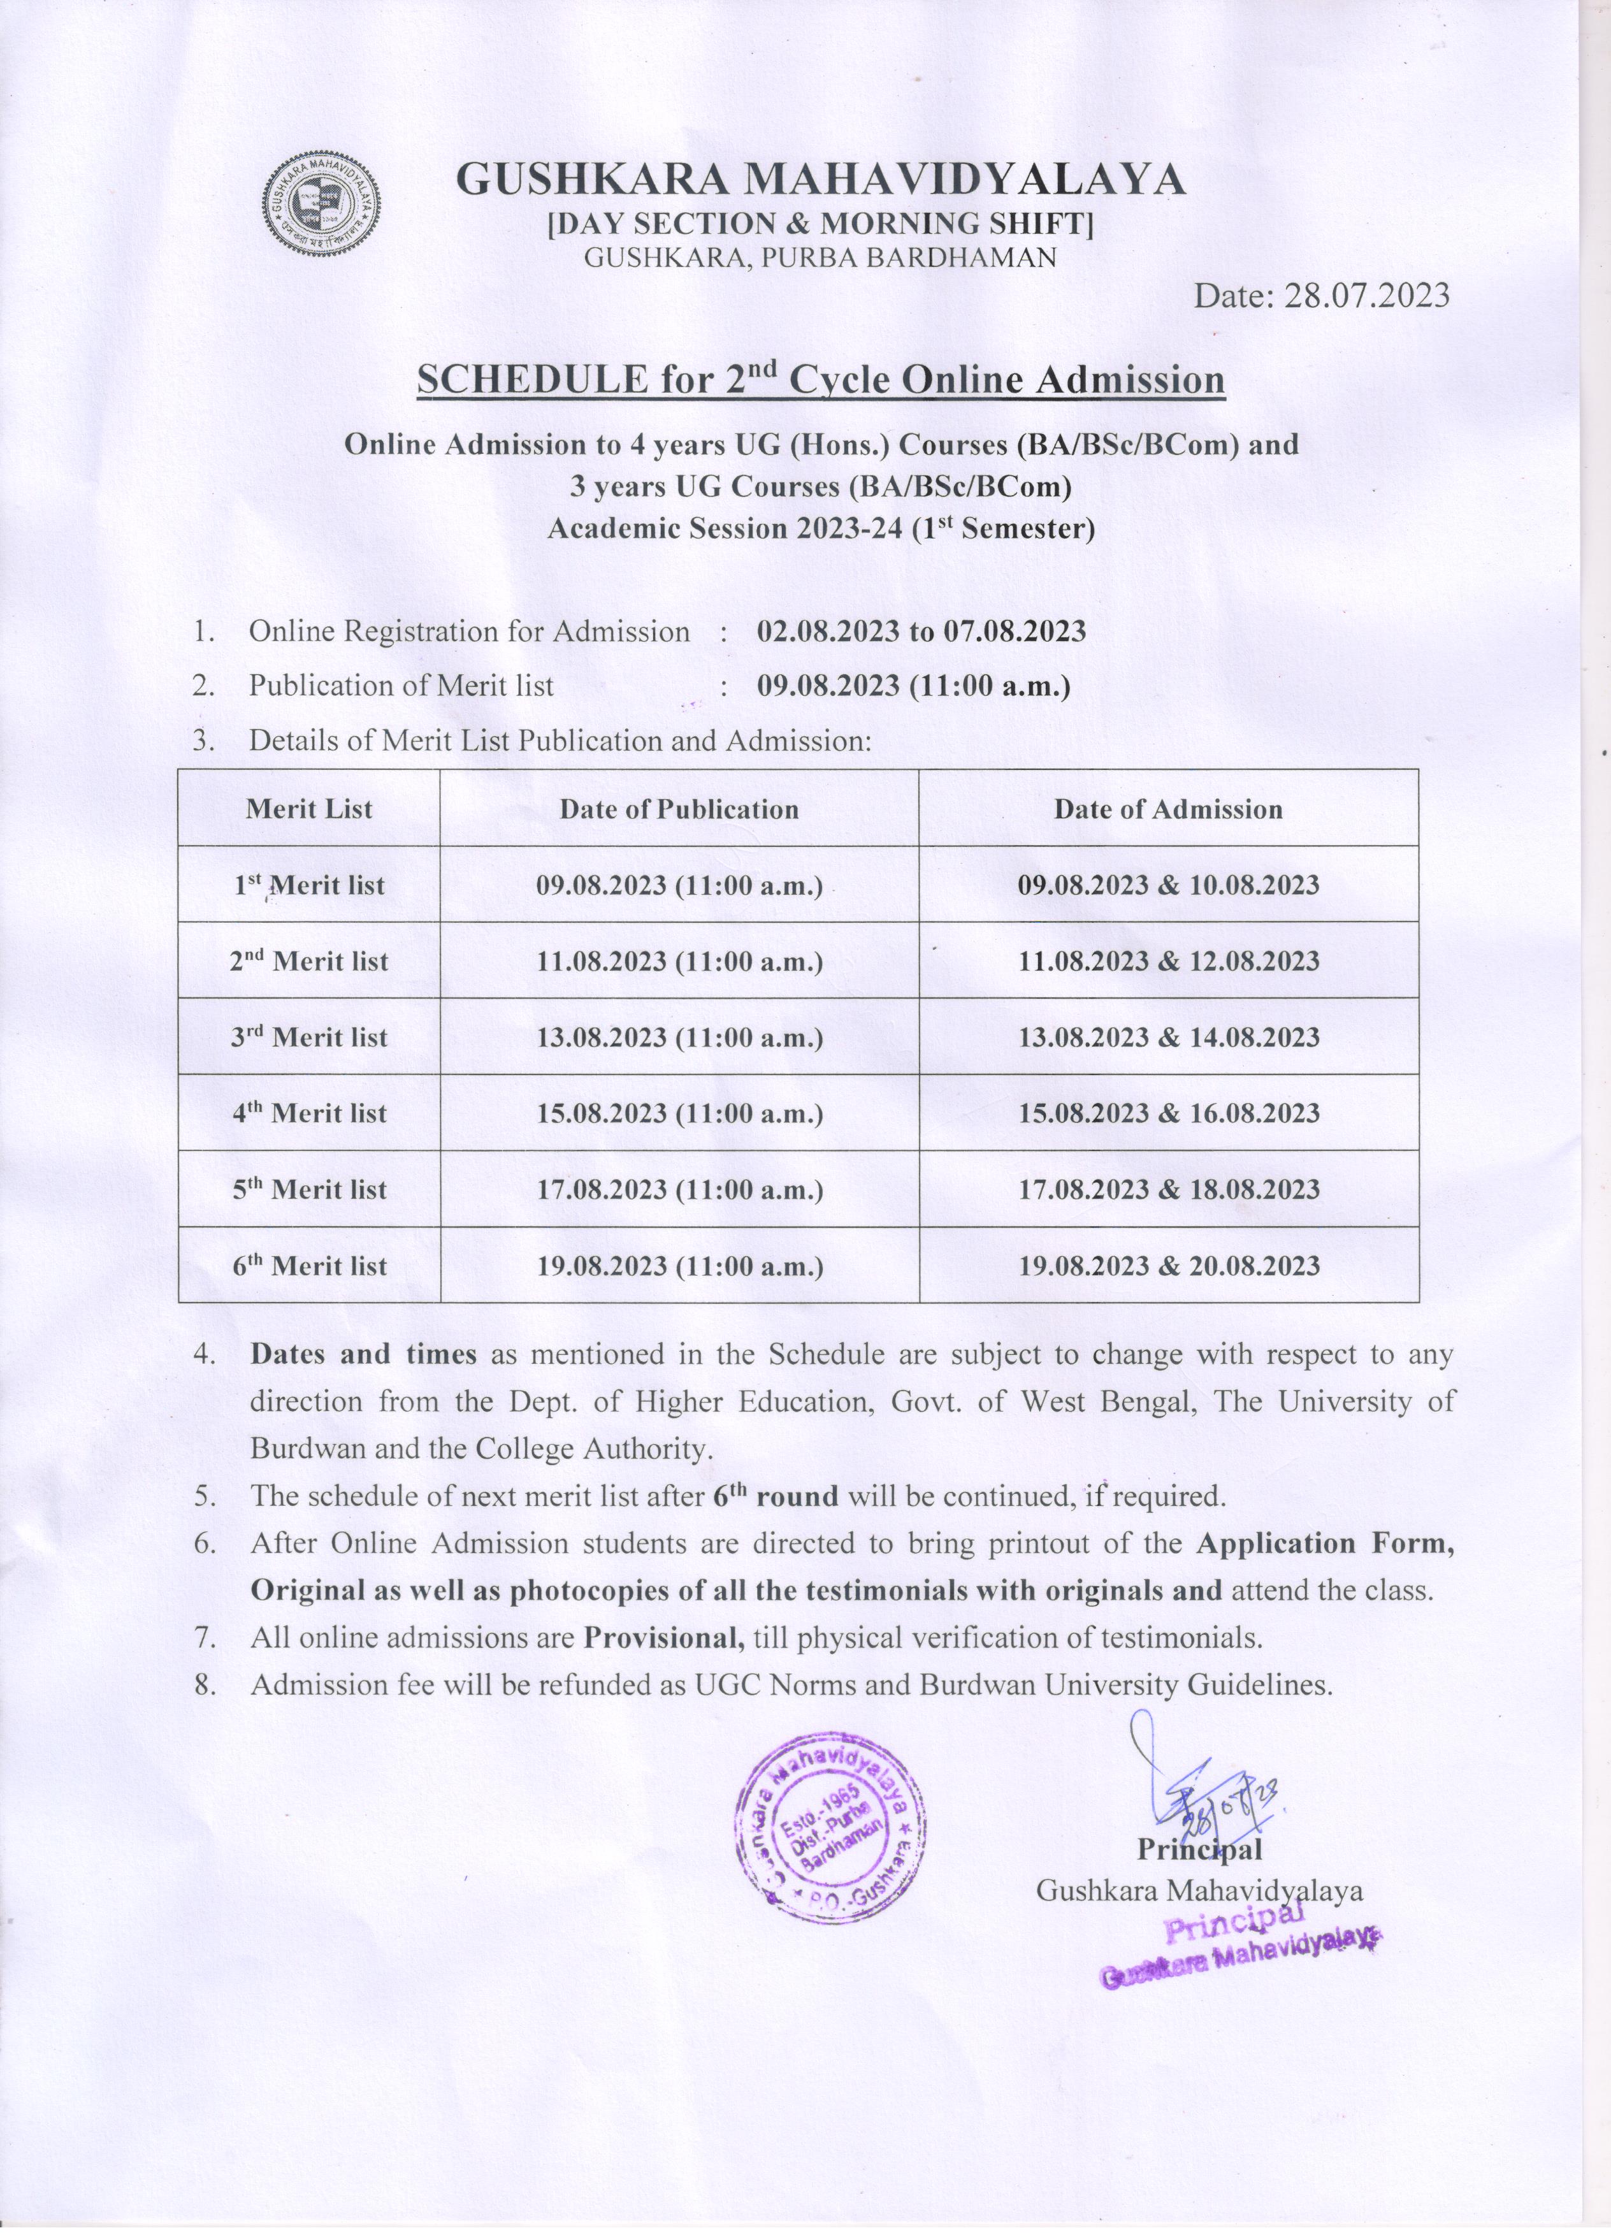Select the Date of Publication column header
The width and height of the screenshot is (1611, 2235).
point(679,809)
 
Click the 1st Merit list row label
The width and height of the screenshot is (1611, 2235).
point(309,885)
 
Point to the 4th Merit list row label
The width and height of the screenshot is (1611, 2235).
point(309,1113)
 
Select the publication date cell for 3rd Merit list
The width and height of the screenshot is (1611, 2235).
point(679,1038)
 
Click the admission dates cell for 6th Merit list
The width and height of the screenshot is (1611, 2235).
point(1169,1266)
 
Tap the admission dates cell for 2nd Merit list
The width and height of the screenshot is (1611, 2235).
point(1169,962)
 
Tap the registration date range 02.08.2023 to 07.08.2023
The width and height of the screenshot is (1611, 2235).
point(921,631)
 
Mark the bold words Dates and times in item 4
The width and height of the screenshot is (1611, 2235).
point(364,1354)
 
